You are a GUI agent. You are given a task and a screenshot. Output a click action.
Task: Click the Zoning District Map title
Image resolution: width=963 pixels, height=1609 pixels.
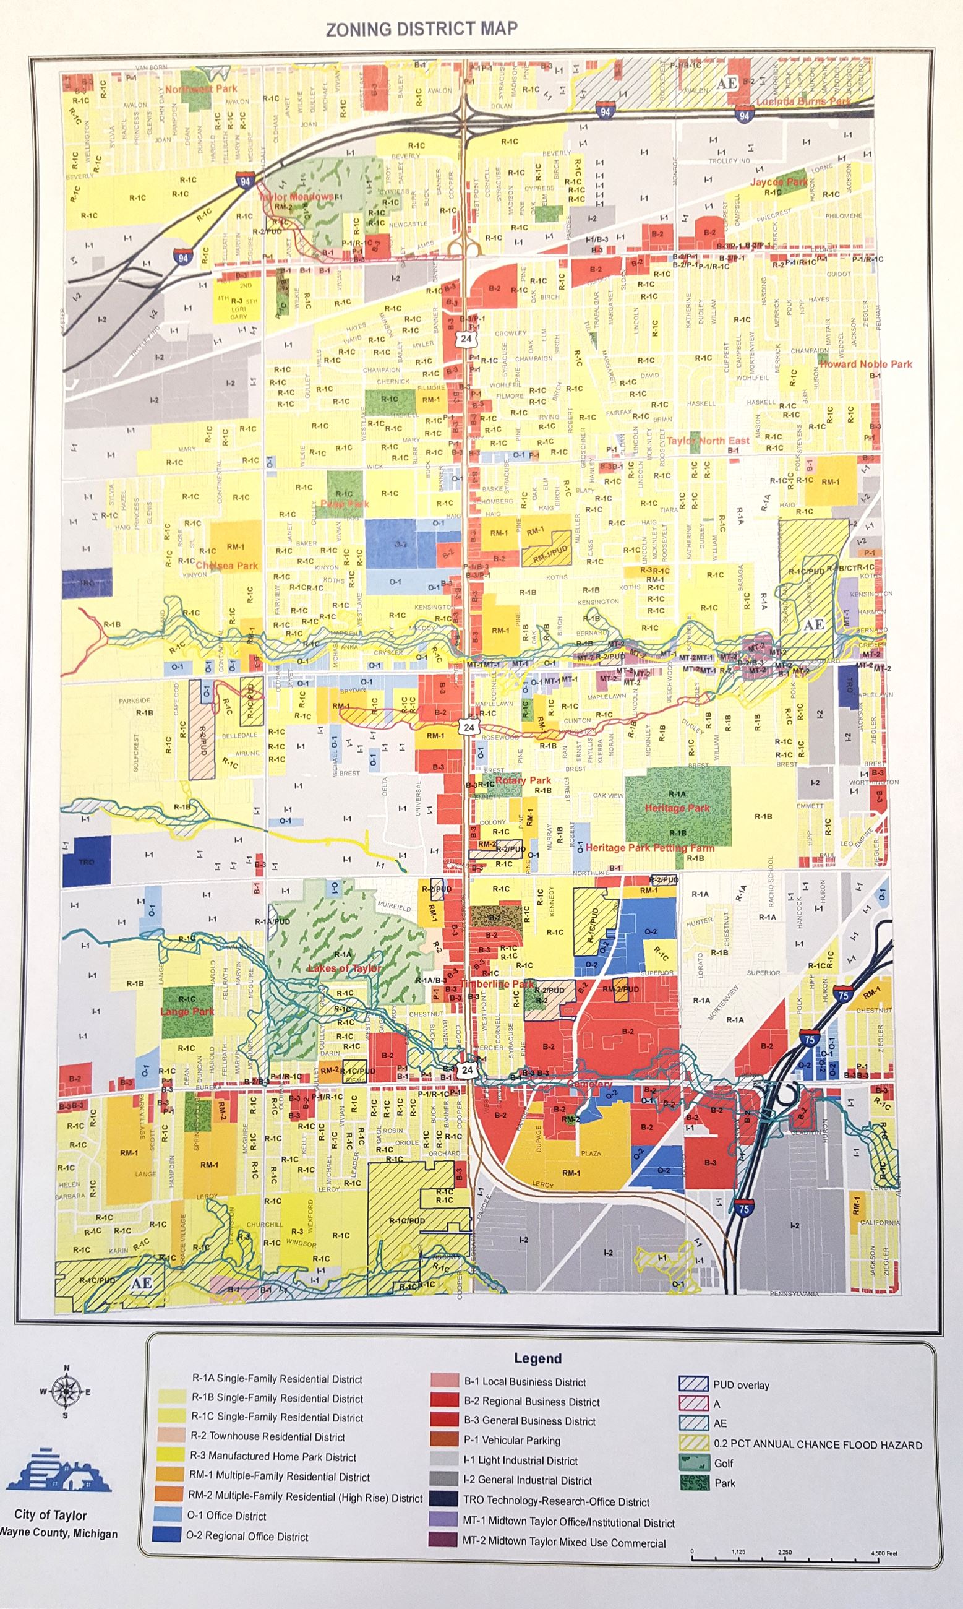point(421,29)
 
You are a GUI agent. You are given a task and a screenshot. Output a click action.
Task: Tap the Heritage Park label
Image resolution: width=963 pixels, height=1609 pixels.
point(677,808)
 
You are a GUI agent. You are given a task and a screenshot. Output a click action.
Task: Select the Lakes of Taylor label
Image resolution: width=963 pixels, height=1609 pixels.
point(344,968)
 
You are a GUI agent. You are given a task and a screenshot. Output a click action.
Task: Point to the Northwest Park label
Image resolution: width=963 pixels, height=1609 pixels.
point(201,88)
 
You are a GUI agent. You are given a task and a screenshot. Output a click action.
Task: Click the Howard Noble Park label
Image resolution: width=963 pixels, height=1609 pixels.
point(866,365)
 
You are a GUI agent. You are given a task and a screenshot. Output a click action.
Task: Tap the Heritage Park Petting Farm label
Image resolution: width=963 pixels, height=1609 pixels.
point(649,847)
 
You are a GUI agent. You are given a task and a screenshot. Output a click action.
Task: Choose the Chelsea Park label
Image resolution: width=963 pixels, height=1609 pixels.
point(226,566)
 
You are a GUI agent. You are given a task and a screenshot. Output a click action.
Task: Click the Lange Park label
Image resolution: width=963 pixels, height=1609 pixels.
point(187,1012)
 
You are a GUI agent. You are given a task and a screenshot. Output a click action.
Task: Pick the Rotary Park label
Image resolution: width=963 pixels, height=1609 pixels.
point(523,780)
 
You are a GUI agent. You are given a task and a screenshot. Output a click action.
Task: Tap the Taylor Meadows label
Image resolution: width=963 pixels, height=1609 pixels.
point(296,196)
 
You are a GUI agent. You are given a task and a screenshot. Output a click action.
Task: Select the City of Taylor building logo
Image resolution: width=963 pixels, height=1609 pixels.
point(58,1472)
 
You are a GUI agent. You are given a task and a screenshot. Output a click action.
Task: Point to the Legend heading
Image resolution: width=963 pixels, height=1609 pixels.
point(537,1358)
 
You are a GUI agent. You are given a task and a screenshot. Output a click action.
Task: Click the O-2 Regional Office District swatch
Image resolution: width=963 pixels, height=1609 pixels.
point(167,1535)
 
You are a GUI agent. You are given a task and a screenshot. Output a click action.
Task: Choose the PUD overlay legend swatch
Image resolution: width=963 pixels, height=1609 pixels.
point(693,1384)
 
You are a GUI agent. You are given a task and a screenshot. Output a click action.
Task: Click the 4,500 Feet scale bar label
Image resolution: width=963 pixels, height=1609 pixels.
point(884,1553)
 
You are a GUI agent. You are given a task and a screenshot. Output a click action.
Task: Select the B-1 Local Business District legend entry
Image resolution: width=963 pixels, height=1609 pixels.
point(524,1383)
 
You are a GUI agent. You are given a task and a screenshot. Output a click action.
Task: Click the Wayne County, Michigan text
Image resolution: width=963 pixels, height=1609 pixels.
point(58,1533)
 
